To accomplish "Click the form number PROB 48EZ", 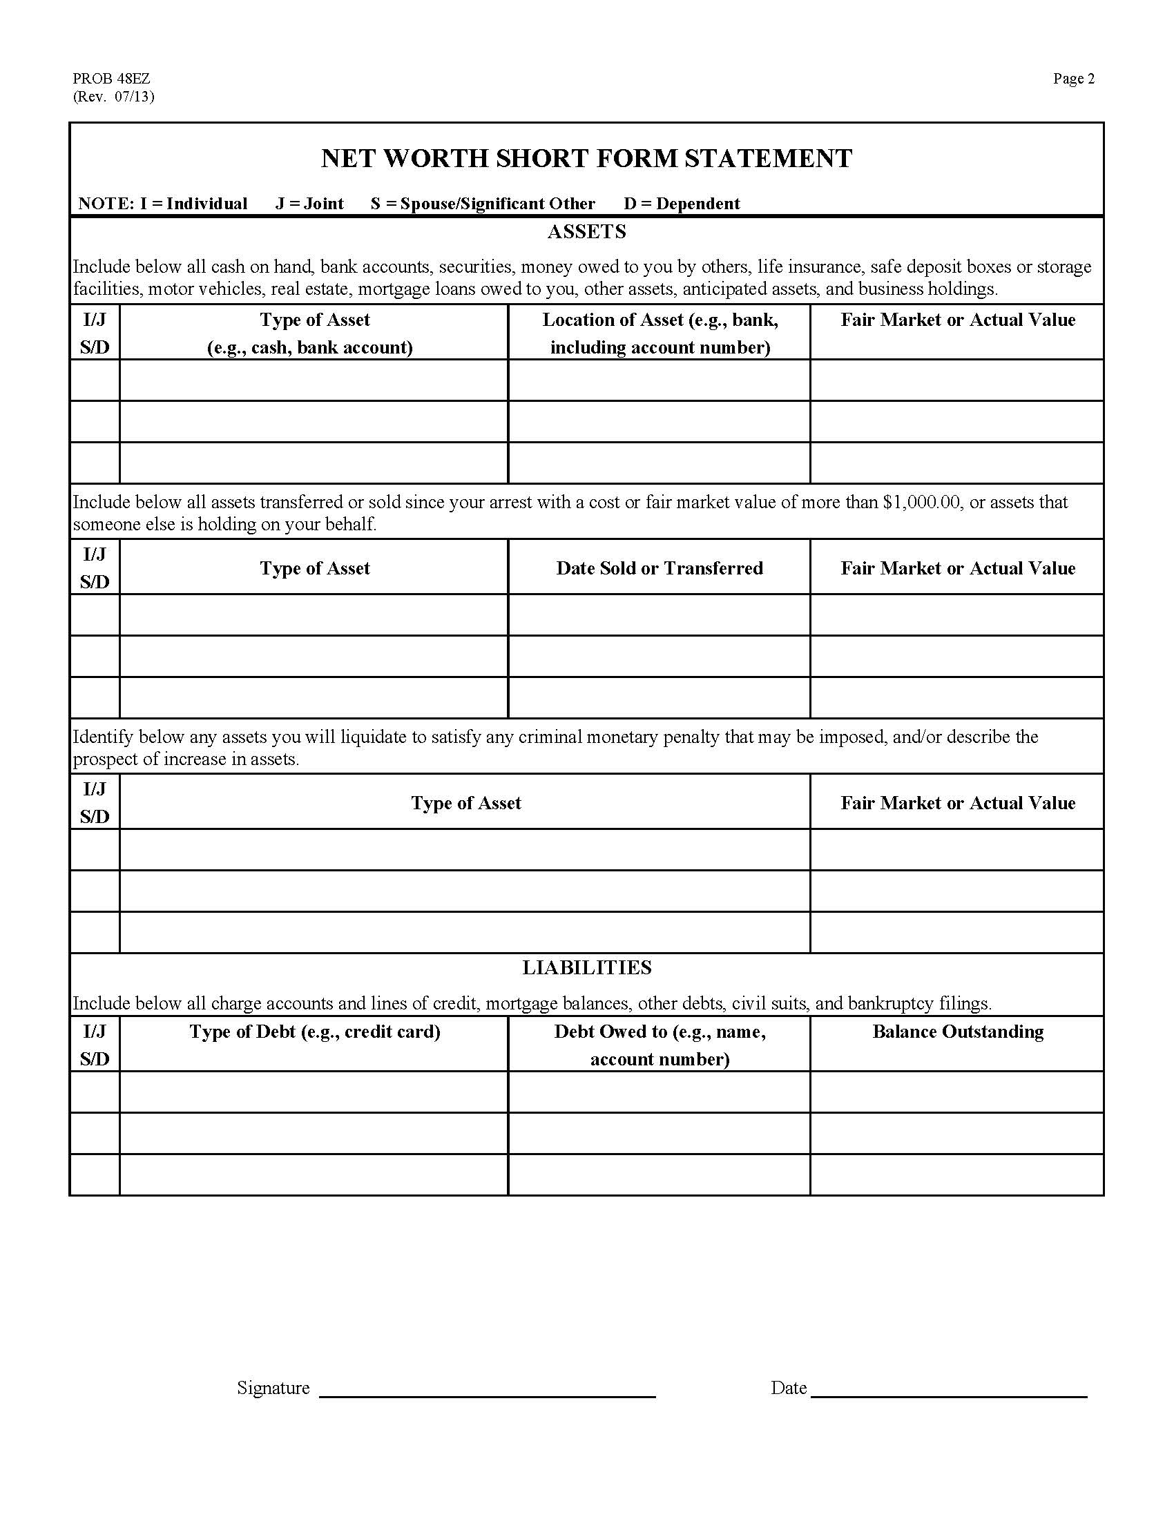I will (x=111, y=79).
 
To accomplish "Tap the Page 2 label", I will (x=1073, y=79).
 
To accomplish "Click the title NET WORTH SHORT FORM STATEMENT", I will (x=586, y=159).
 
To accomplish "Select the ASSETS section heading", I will (x=586, y=231).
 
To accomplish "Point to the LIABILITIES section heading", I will (x=586, y=967).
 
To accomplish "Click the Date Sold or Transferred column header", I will (x=659, y=568).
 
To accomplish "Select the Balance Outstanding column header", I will (x=957, y=1032).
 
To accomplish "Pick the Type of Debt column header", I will (x=314, y=1032).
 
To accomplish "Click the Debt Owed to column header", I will (x=660, y=1045).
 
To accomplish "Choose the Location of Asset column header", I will (x=660, y=333).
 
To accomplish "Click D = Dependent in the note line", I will (x=681, y=204).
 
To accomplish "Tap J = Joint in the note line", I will (x=309, y=204).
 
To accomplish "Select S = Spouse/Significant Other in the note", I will (x=483, y=204).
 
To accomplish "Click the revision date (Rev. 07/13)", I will (x=113, y=97).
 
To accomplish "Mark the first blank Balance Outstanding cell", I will (x=957, y=1092).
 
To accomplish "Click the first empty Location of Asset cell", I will (x=659, y=380).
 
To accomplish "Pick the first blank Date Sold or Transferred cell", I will (x=659, y=615).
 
